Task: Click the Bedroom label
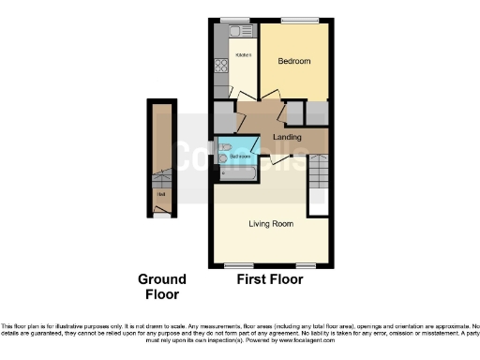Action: pyautogui.click(x=294, y=61)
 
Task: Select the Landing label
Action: pyautogui.click(x=286, y=138)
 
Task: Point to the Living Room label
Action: pyautogui.click(x=271, y=224)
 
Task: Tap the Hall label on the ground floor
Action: pyautogui.click(x=162, y=194)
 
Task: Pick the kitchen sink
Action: pyautogui.click(x=222, y=35)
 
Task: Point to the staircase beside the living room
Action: pyautogui.click(x=320, y=184)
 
